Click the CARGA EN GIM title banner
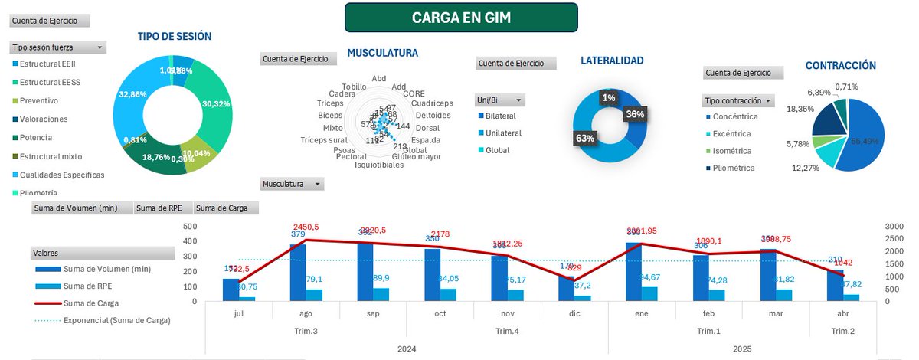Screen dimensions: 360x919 point(461,18)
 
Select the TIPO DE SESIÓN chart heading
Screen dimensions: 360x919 point(175,36)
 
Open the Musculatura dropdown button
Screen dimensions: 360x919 point(318,184)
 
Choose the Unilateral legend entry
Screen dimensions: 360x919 point(502,133)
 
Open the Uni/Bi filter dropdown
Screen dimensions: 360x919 point(518,100)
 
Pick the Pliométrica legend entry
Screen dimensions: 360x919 point(742,168)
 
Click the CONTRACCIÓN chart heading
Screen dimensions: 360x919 point(840,66)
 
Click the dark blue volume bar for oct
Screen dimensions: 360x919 point(433,274)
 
